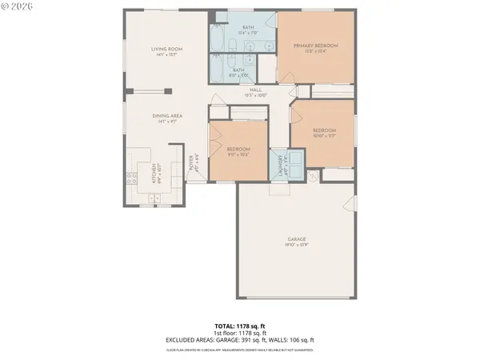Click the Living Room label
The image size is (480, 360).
coord(168,49)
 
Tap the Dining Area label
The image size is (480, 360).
coord(168,116)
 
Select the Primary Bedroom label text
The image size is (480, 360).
coord(314,46)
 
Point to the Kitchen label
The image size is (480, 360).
coord(154,170)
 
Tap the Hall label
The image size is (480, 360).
coord(255,90)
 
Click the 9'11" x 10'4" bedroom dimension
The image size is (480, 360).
coord(238,154)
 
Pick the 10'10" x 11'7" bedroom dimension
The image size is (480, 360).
coord(323,135)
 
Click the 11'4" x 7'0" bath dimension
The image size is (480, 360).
coord(237,33)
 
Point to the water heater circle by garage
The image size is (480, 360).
coord(313,175)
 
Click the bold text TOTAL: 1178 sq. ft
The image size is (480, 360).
coord(239,326)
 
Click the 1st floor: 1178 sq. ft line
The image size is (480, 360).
coord(239,333)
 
